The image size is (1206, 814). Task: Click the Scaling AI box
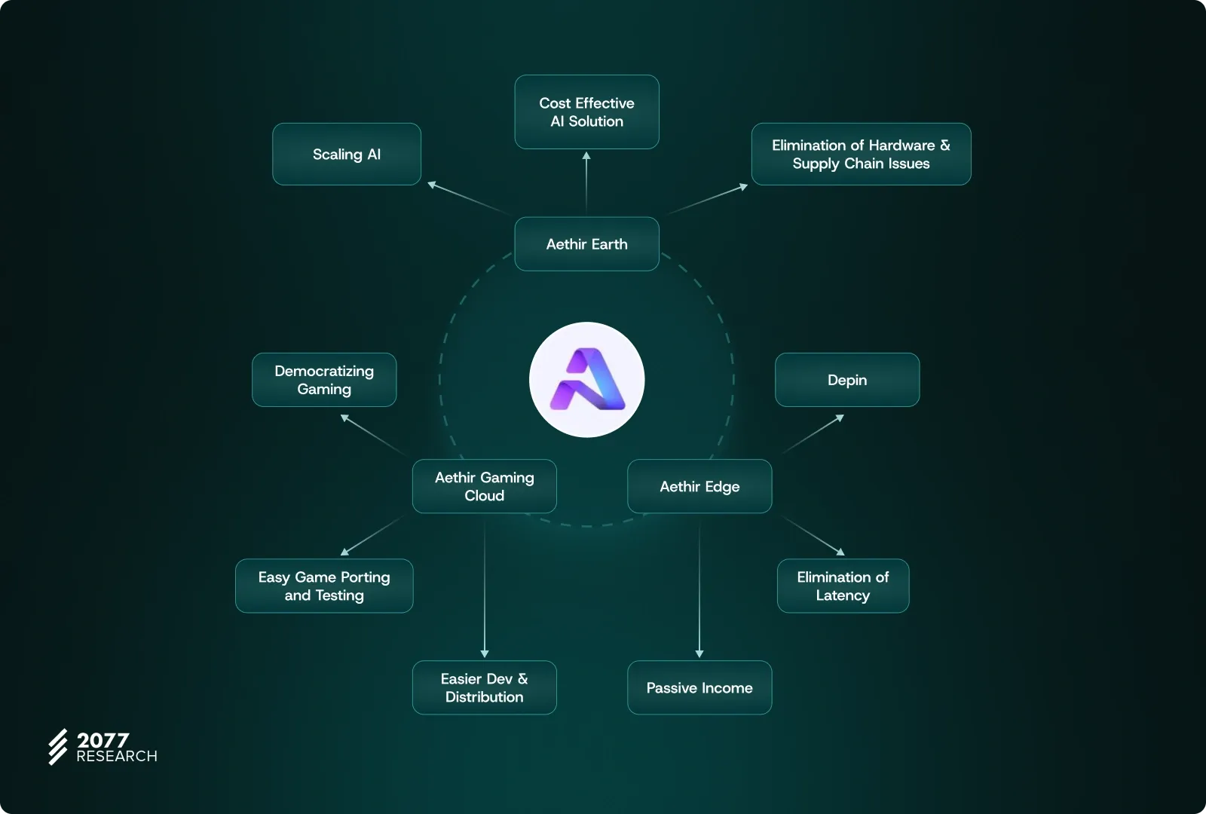click(x=347, y=155)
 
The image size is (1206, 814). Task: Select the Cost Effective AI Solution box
click(x=586, y=112)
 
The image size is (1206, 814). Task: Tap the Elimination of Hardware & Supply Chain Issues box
click(x=861, y=155)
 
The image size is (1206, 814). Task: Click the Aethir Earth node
click(x=586, y=244)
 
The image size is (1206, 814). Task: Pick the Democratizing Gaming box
click(x=324, y=380)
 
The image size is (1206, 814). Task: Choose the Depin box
click(x=847, y=380)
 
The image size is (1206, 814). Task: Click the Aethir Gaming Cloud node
click(x=485, y=486)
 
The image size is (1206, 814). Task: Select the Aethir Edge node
click(x=699, y=486)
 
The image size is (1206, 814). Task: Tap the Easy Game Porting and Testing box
click(x=324, y=586)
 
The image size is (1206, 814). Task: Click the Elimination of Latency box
click(x=843, y=586)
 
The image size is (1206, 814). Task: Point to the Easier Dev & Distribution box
click(x=485, y=687)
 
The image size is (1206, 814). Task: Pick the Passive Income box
click(x=699, y=687)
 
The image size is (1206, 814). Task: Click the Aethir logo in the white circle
click(x=587, y=380)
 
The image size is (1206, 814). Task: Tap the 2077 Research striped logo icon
click(x=58, y=747)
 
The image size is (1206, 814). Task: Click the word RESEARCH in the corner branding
click(x=117, y=757)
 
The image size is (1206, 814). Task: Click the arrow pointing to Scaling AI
click(x=467, y=197)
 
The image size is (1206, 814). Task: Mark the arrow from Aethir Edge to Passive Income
click(x=699, y=588)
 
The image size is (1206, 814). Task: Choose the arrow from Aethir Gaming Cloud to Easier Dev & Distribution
click(x=485, y=588)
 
